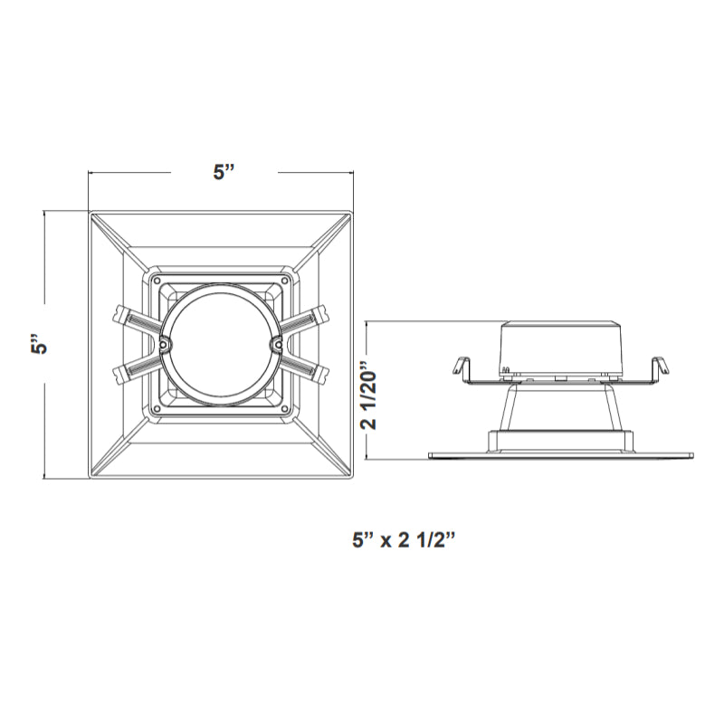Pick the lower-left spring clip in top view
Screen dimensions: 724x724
click(134, 372)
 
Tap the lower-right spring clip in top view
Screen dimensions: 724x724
click(308, 372)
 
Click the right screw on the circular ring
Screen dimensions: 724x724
click(278, 344)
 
